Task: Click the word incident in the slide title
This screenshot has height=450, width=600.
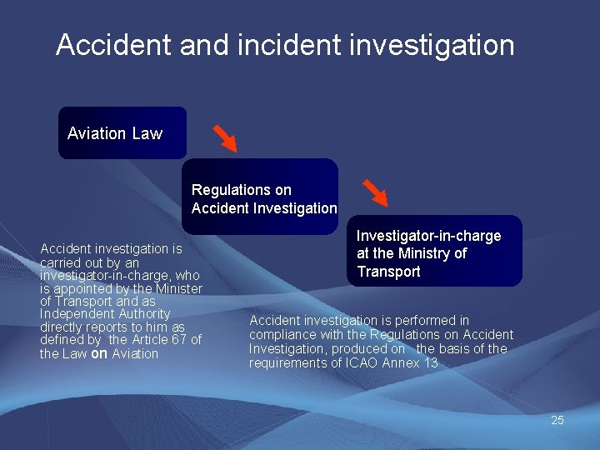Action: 279,44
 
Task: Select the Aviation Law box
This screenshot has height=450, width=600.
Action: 122,133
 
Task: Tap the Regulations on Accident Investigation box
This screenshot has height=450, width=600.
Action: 262,197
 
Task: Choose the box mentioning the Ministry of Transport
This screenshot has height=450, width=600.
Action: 434,252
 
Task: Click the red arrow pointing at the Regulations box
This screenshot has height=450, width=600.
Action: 224,137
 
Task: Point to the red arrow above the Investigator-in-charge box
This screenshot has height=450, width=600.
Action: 376,192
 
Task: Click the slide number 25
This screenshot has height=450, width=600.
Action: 557,420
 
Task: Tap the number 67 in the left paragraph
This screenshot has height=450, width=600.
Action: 173,340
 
